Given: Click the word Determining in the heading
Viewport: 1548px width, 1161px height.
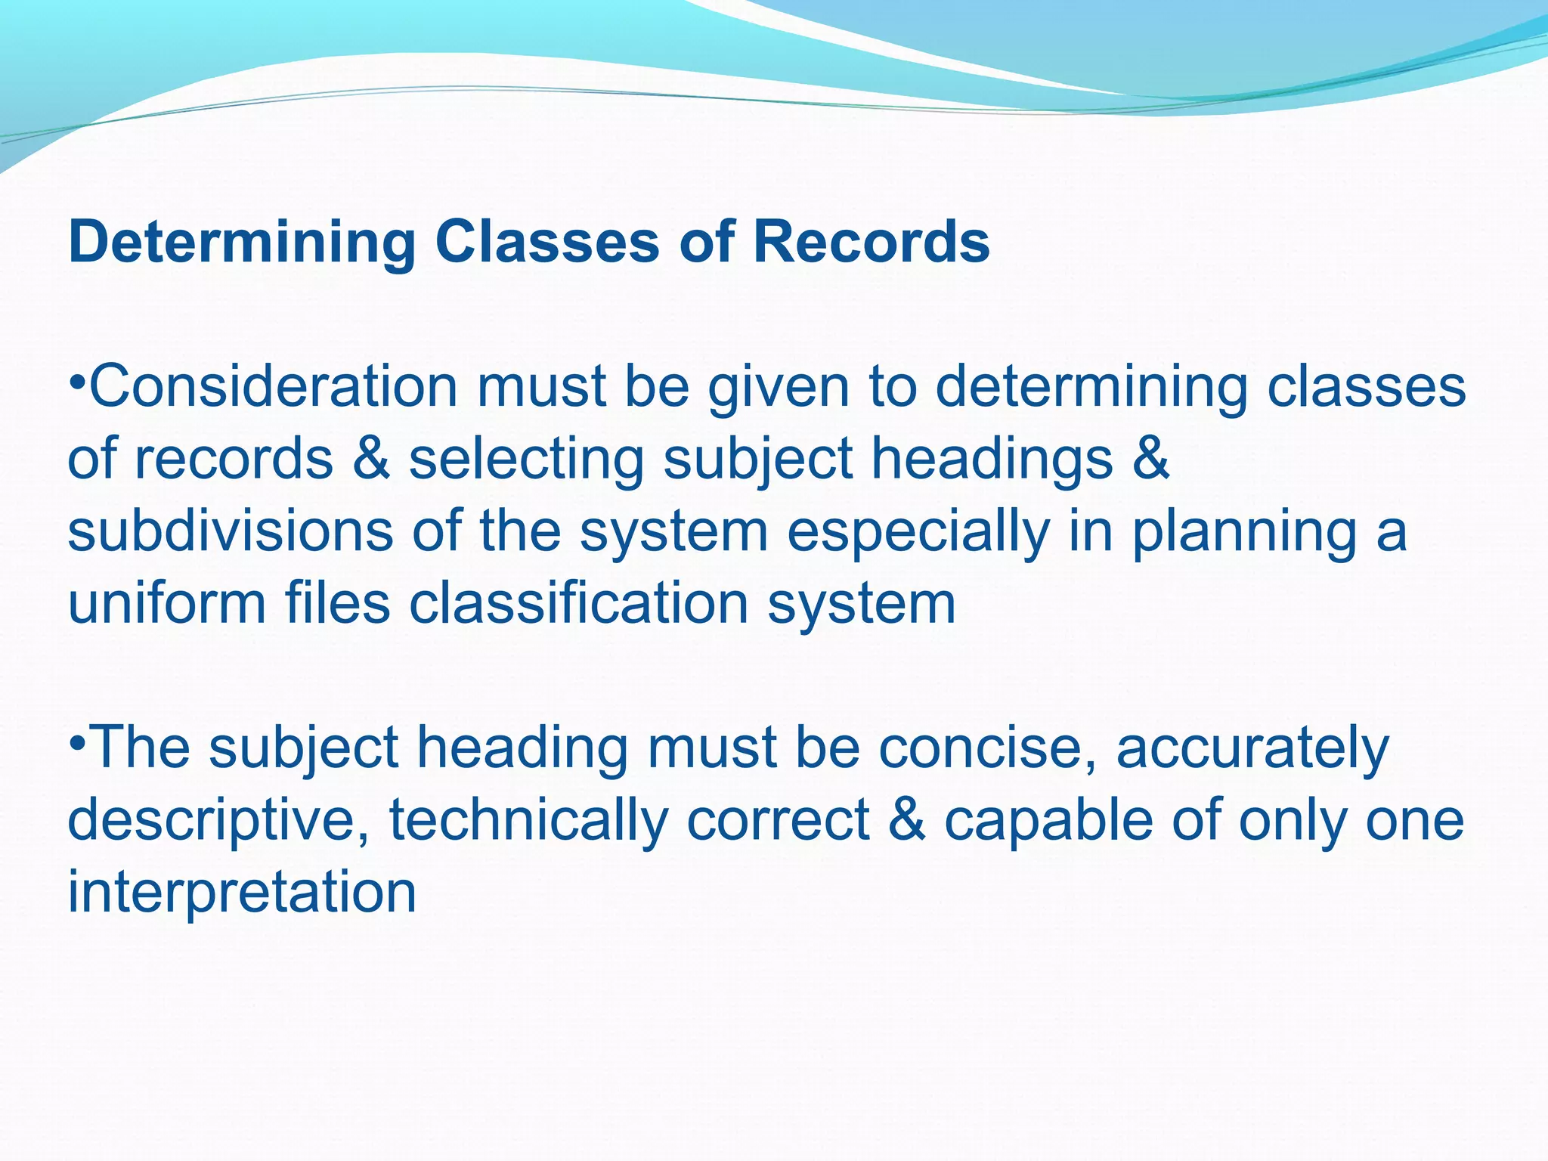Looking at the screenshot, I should (241, 242).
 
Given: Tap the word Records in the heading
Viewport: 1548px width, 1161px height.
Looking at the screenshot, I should (871, 242).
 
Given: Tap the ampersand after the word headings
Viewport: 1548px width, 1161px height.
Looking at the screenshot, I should (1151, 459).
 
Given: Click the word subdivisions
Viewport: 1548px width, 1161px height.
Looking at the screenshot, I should (231, 531).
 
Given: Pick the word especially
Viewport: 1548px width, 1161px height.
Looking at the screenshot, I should (918, 531).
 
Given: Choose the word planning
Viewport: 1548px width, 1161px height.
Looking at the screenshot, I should (1244, 531).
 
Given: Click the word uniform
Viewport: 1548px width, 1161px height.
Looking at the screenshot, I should (167, 603).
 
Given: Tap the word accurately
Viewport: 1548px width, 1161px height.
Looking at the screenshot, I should (1252, 748).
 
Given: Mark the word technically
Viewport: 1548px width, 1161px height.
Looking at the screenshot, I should (528, 820).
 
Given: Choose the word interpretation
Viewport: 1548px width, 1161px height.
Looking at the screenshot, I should (242, 893).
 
